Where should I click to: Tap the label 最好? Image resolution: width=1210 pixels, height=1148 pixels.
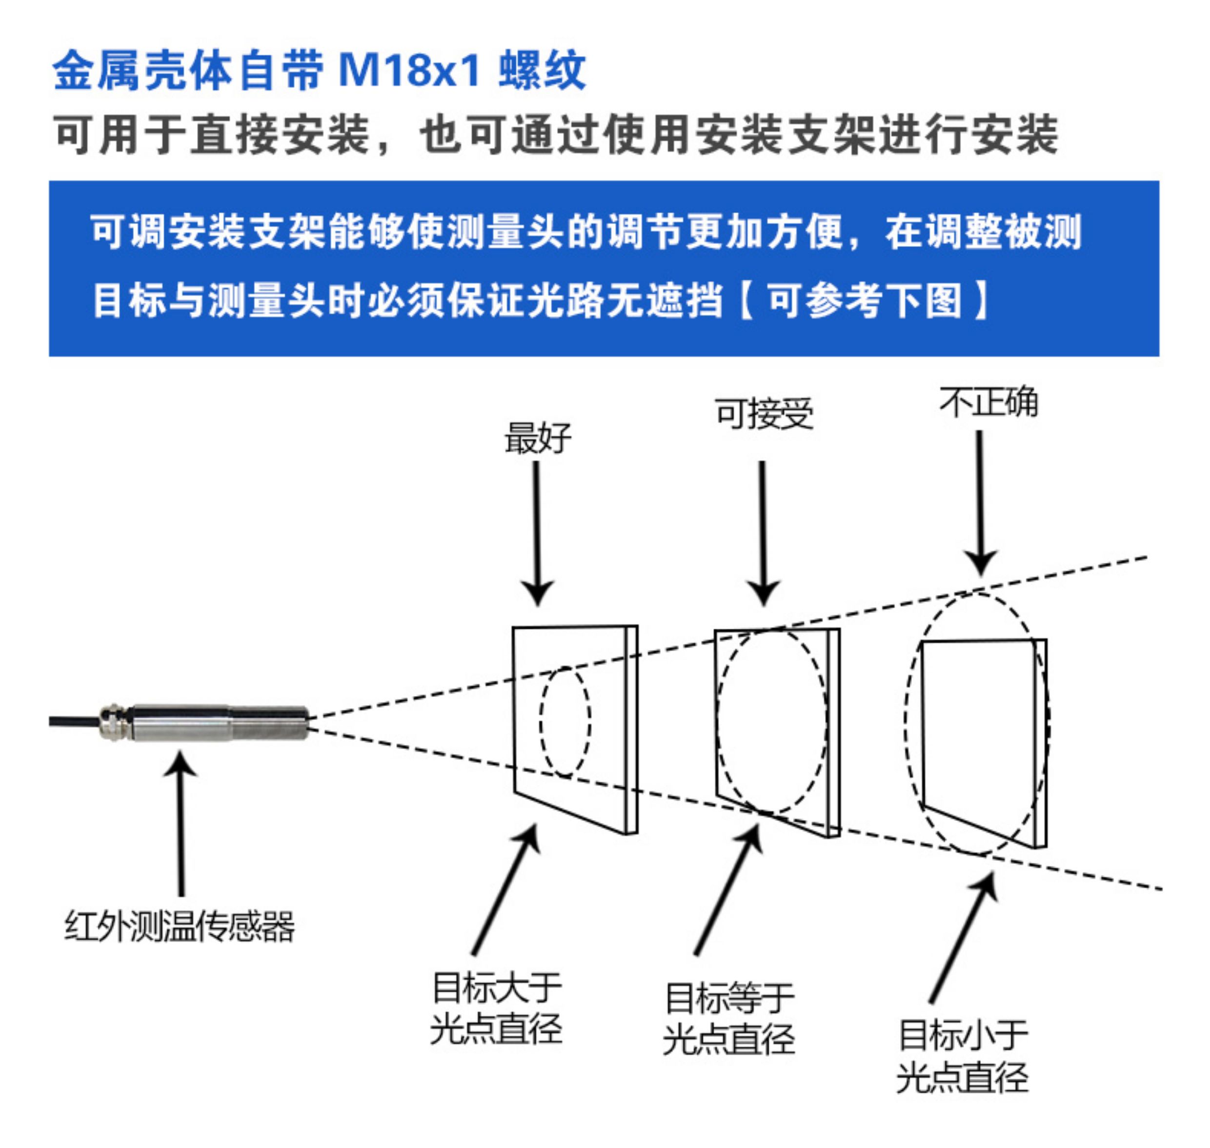[x=538, y=438]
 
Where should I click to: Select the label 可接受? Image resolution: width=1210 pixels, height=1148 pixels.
[x=764, y=414]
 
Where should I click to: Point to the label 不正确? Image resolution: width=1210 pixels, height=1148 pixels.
[x=988, y=402]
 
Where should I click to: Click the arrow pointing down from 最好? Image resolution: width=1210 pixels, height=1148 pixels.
[x=537, y=533]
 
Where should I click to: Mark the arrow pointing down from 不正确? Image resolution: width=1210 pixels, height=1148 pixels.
[x=981, y=503]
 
